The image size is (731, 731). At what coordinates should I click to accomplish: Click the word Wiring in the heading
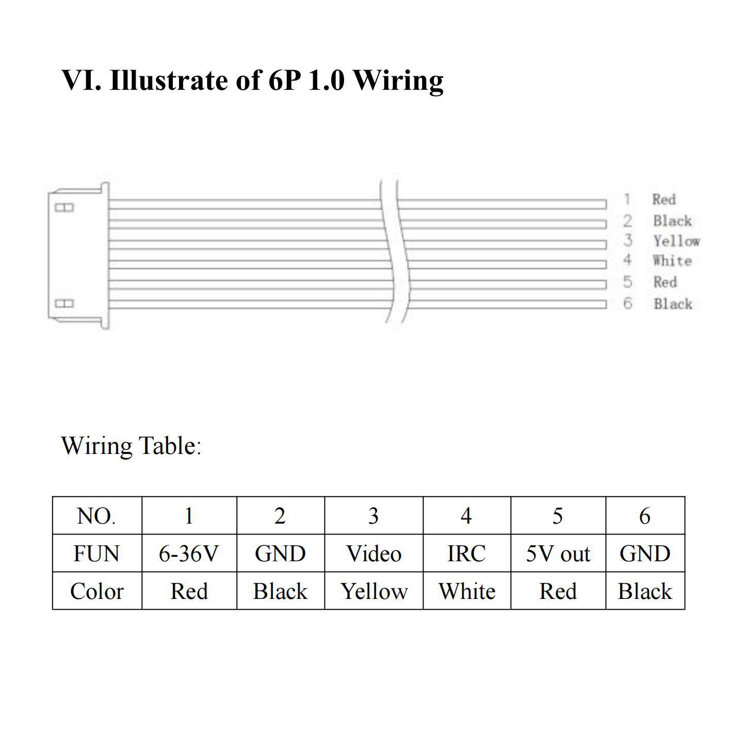pos(398,81)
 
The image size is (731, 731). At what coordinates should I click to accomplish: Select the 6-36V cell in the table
pos(188,554)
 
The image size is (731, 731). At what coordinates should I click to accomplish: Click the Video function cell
pos(373,554)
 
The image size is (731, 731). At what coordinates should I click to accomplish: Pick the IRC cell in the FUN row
pos(466,554)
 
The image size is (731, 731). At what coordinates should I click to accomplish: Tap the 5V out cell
pos(558,554)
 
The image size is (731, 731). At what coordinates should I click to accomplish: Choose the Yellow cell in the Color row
pos(374,591)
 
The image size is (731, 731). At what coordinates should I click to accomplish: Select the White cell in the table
pos(467,591)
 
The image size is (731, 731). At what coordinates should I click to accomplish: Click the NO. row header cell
pos(96,516)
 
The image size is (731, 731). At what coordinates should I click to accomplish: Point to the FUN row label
pos(96,554)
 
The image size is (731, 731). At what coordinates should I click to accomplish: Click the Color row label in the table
pos(97,591)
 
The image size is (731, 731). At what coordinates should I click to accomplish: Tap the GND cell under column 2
pos(280,554)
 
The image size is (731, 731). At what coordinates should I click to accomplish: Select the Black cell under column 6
pos(645,591)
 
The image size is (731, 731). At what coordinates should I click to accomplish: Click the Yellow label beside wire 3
pos(676,241)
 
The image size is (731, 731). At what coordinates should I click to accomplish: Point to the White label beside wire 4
pos(672,261)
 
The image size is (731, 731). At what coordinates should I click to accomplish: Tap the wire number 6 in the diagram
pos(628,303)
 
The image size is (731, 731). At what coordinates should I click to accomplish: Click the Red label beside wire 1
pos(664,199)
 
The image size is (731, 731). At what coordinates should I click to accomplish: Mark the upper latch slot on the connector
pos(64,207)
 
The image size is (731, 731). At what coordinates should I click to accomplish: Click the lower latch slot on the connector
pos(64,303)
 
